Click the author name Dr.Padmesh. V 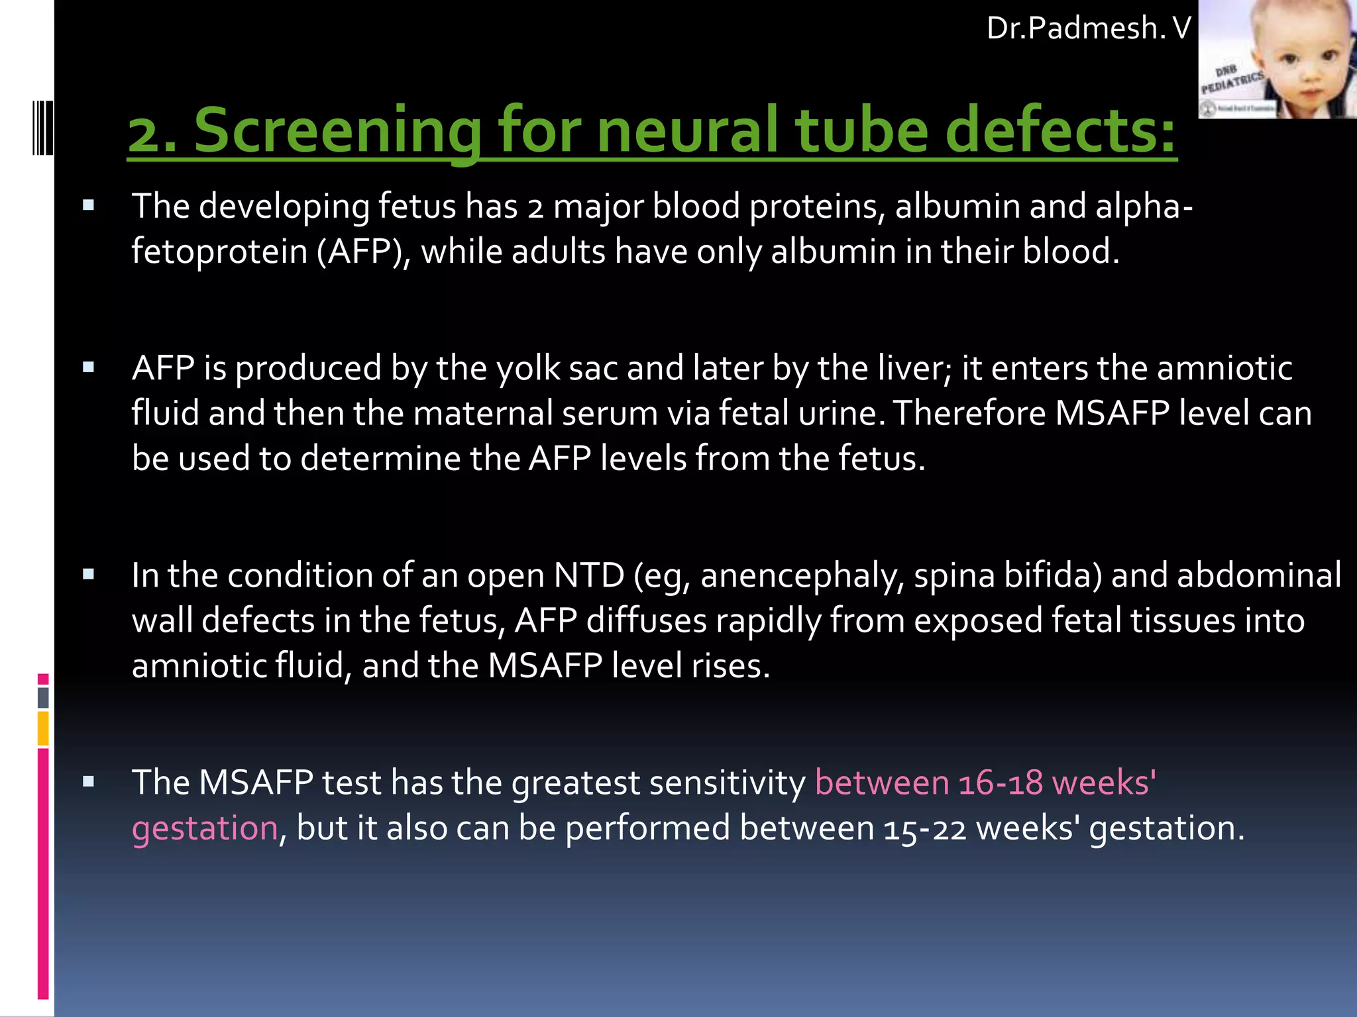point(1089,28)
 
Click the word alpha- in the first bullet point(1144,206)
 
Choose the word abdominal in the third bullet point(1226,575)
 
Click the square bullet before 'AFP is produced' point(89,367)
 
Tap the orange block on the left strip point(43,728)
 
